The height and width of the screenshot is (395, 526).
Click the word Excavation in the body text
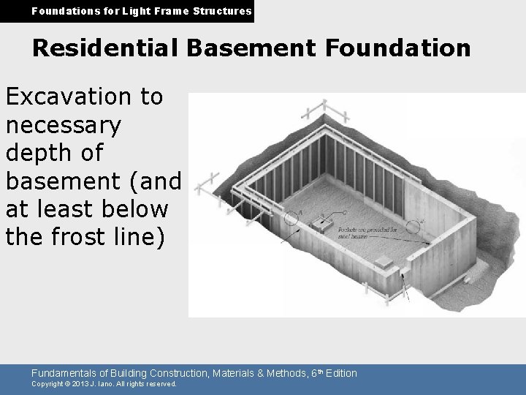[84, 97]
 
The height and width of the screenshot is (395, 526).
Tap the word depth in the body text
[42, 154]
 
